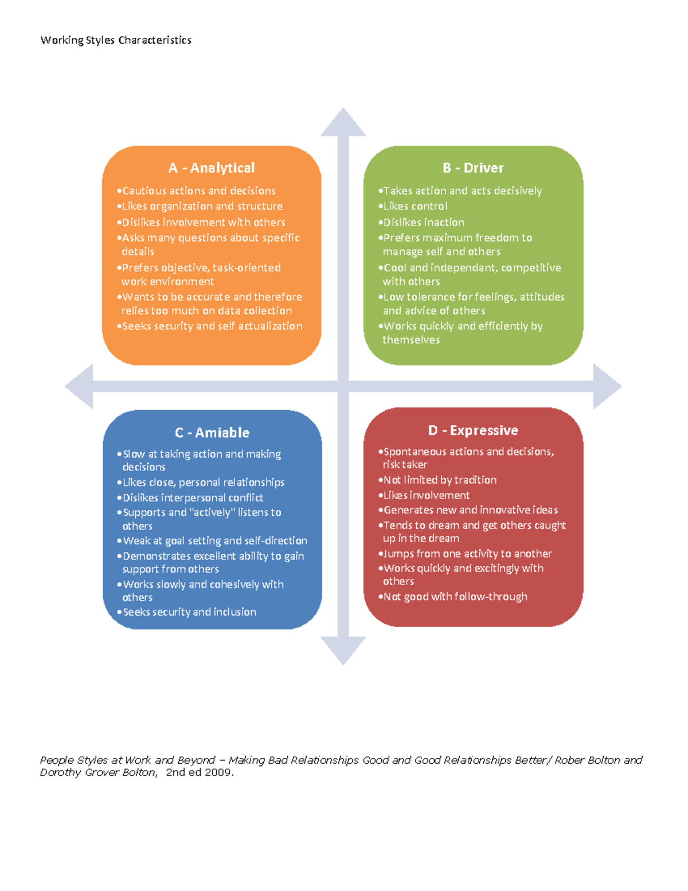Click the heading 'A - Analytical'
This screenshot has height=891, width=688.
pyautogui.click(x=211, y=168)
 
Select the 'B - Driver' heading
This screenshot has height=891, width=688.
pyautogui.click(x=473, y=168)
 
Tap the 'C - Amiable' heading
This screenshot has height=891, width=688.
pyautogui.click(x=212, y=433)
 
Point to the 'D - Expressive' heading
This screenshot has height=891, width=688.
pyautogui.click(x=473, y=430)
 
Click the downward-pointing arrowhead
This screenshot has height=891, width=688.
pyautogui.click(x=343, y=651)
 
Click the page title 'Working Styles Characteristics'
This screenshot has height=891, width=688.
pyautogui.click(x=116, y=40)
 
